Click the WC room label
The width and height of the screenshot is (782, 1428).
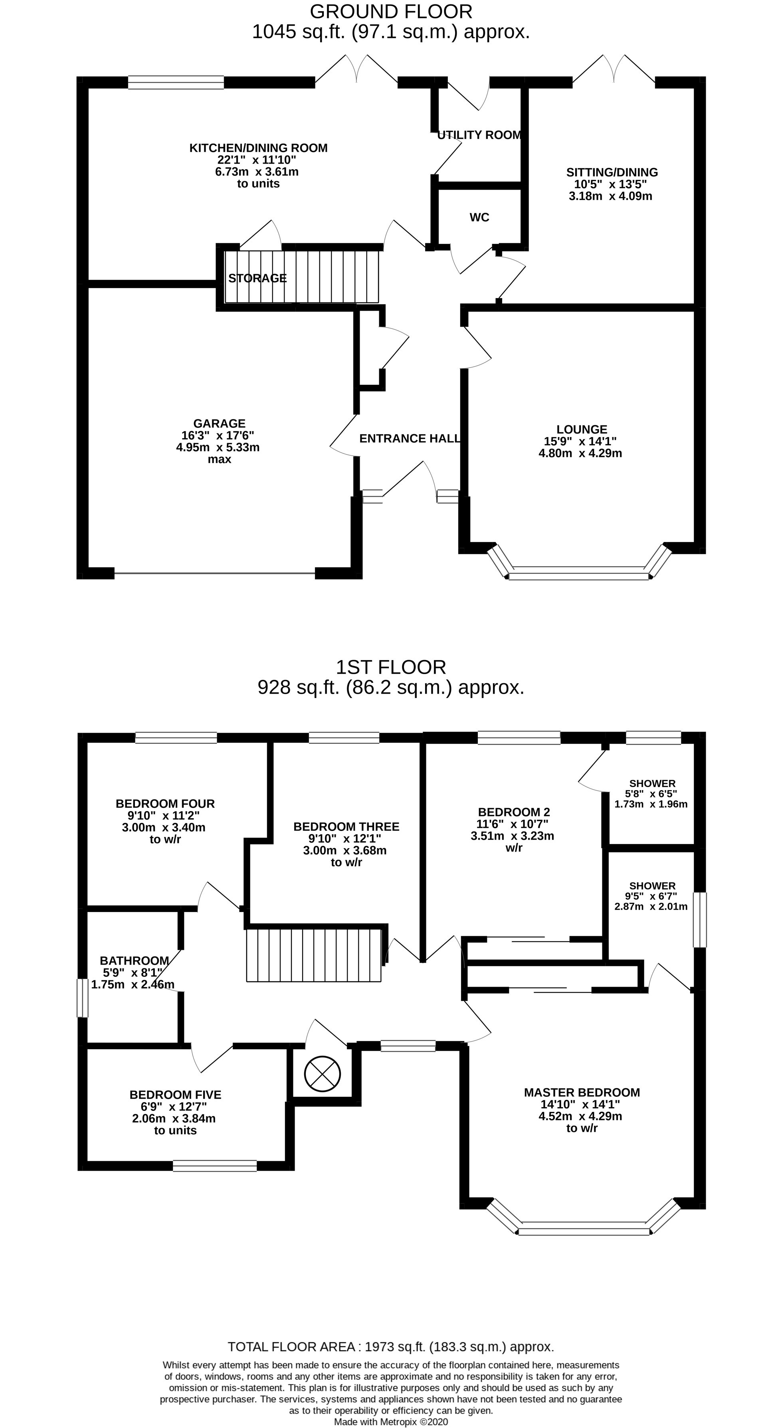tap(479, 217)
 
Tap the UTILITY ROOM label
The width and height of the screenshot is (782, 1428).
tap(479, 135)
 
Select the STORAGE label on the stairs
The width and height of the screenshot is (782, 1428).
tap(257, 278)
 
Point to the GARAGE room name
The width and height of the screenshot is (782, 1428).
tap(219, 423)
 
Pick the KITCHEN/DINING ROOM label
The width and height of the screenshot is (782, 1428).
tap(258, 148)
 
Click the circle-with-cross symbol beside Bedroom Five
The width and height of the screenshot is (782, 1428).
tap(322, 1074)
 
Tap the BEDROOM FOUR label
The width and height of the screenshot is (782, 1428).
tap(165, 804)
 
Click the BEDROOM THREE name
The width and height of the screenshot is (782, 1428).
tap(346, 827)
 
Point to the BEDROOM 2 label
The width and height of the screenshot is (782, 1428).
tap(514, 812)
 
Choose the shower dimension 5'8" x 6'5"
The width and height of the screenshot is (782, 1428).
tap(651, 794)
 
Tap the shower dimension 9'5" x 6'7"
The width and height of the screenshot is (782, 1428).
tap(651, 896)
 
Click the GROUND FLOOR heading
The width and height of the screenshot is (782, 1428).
tap(391, 11)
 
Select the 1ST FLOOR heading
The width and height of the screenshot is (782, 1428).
tap(391, 667)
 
